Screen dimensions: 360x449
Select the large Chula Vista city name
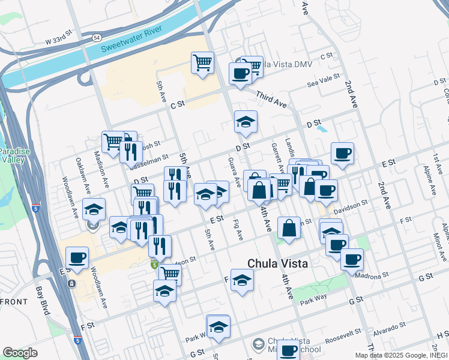pyautogui.click(x=278, y=263)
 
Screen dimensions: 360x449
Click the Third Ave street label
pyautogui.click(x=271, y=99)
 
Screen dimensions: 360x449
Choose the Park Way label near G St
pyautogui.click(x=316, y=299)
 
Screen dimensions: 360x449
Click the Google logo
pyautogui.click(x=20, y=352)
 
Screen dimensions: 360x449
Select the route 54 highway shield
pyautogui.click(x=97, y=37)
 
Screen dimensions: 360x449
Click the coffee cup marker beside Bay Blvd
pyautogui.click(x=77, y=258)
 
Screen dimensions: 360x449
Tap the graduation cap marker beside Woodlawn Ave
pyautogui.click(x=94, y=209)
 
